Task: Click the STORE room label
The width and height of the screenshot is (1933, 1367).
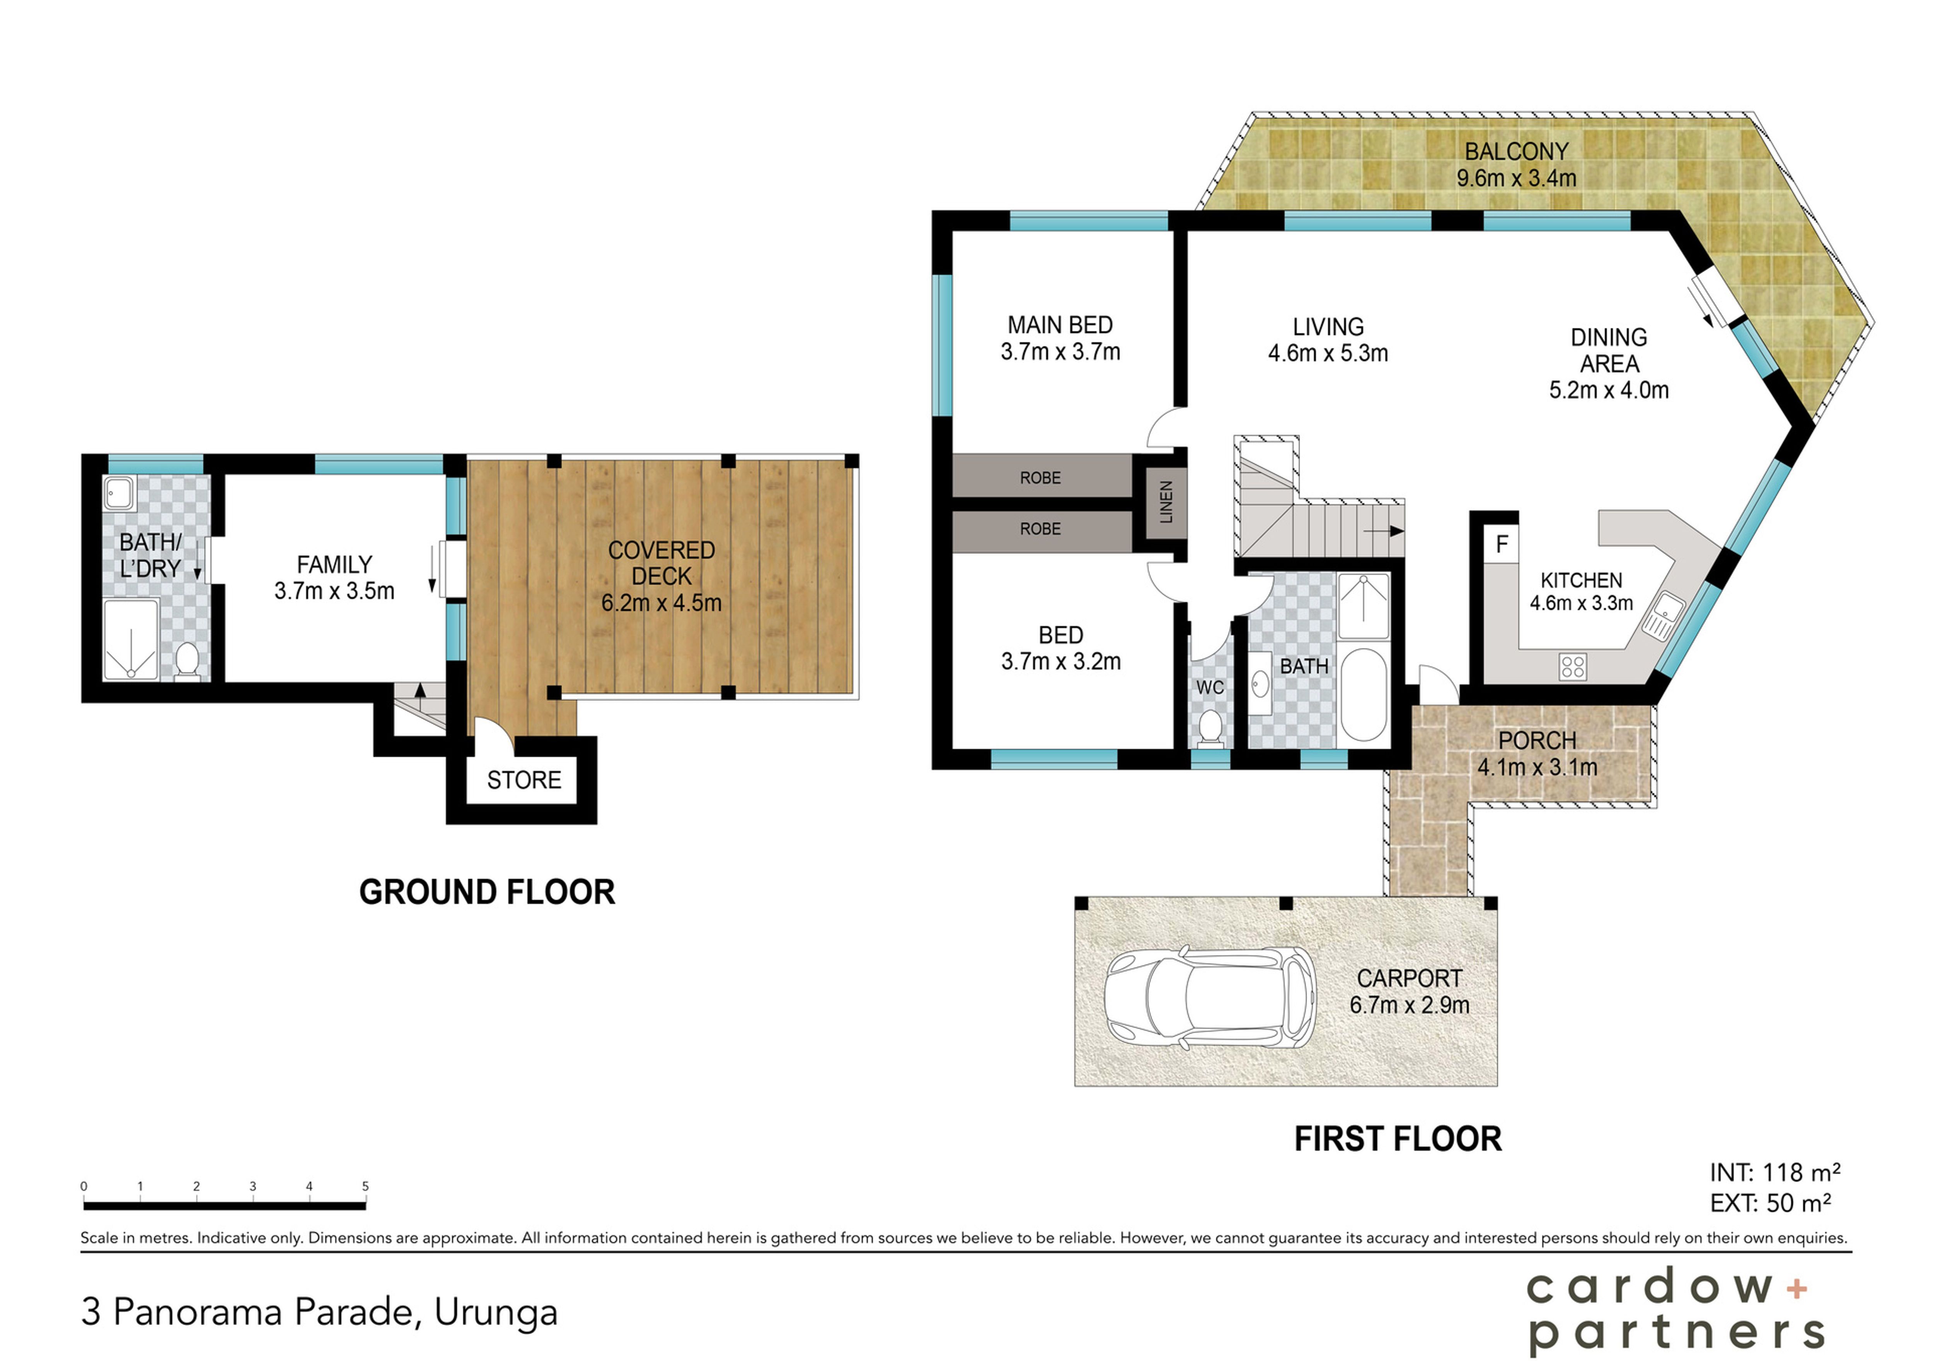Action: [x=524, y=780]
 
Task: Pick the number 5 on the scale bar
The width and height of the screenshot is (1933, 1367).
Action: [x=365, y=1186]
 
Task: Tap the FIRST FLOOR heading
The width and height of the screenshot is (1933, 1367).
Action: [x=1398, y=1139]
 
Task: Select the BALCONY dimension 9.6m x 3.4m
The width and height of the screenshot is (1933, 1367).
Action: [x=1516, y=179]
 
